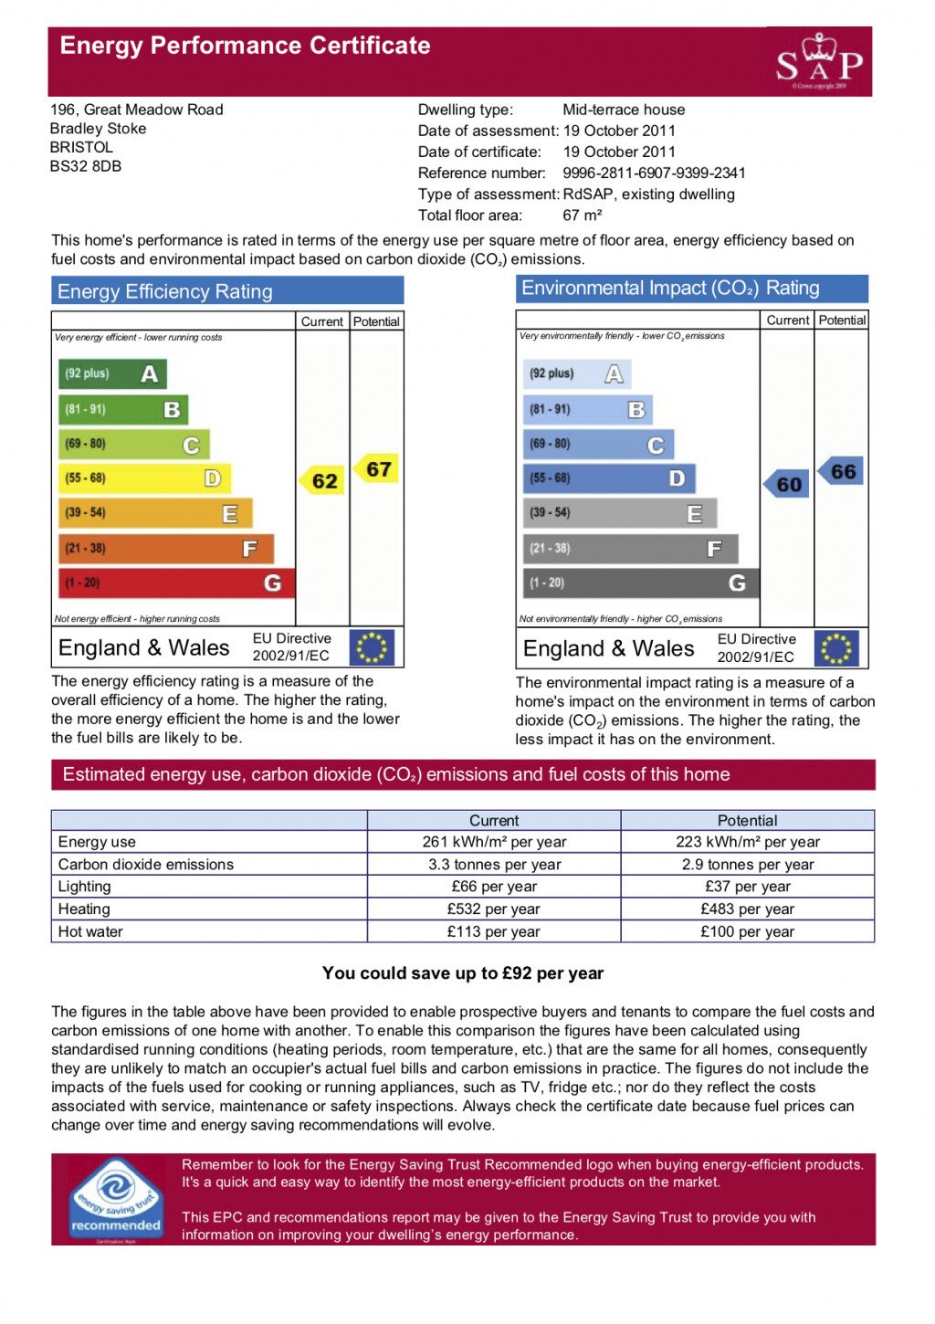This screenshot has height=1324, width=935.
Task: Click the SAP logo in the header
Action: (x=819, y=61)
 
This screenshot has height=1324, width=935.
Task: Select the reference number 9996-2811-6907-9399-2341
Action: (x=654, y=173)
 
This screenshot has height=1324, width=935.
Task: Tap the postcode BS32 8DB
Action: (x=86, y=166)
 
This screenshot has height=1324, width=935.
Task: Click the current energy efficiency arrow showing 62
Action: (x=322, y=480)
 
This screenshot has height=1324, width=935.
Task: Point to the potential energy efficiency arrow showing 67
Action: (x=377, y=469)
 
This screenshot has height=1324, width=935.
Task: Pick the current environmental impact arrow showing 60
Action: (x=787, y=484)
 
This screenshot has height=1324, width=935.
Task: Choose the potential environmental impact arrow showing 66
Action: (x=841, y=471)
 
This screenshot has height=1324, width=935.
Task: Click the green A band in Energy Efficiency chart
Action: (x=112, y=373)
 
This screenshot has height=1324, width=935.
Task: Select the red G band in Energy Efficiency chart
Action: (x=176, y=583)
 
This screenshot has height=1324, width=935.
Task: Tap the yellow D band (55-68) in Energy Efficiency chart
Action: (x=144, y=478)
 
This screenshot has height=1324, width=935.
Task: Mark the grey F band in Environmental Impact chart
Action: (x=630, y=548)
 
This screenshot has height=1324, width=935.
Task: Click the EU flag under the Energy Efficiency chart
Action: (x=372, y=647)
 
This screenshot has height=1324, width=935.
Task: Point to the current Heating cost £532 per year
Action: (x=493, y=909)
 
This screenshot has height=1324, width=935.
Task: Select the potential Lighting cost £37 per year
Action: (x=747, y=887)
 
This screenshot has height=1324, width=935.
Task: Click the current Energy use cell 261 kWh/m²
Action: (x=494, y=842)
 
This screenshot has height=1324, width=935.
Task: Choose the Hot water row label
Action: (x=90, y=931)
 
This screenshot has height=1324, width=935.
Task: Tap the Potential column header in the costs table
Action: (x=747, y=820)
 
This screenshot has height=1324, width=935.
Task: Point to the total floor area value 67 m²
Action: (x=582, y=215)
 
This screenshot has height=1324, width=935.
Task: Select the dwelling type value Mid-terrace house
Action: (x=624, y=110)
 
